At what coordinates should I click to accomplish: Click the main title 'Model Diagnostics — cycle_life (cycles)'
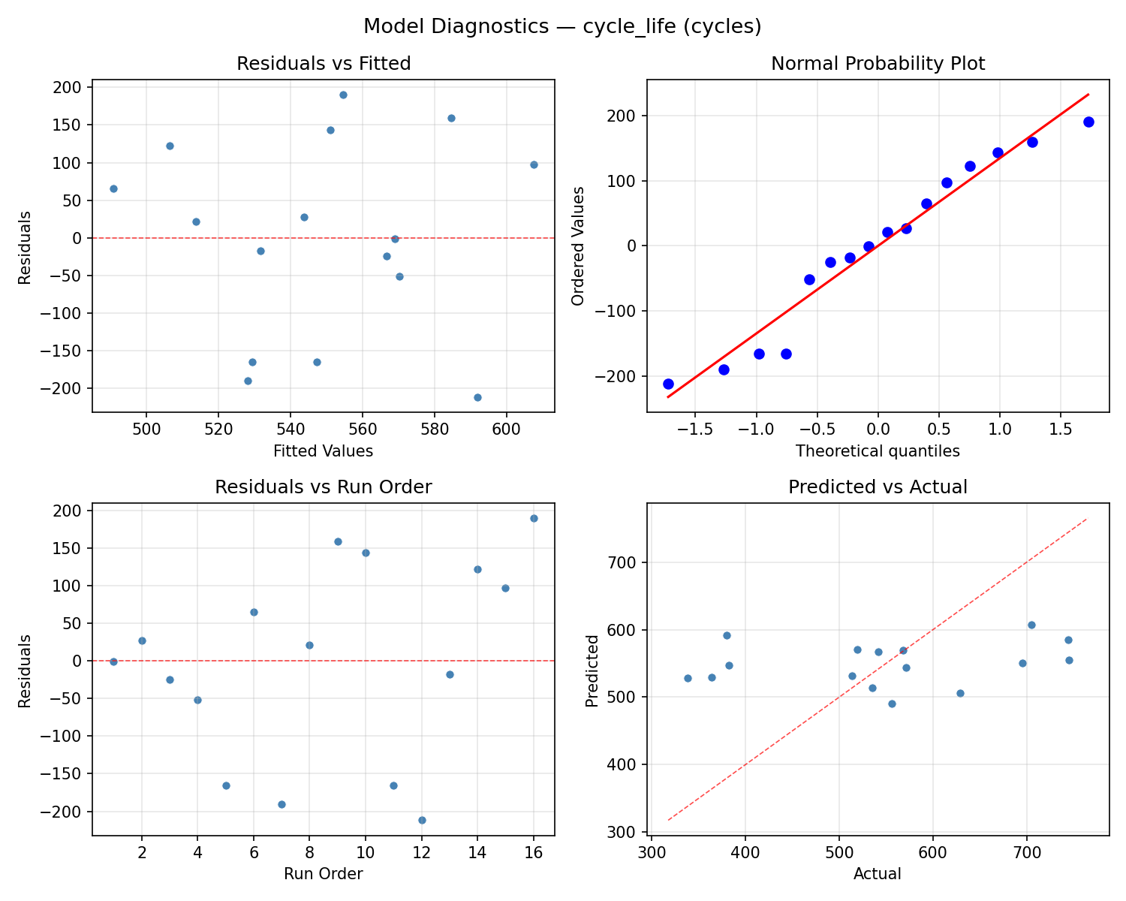[562, 27]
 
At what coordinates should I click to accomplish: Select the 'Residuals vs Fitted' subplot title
[324, 64]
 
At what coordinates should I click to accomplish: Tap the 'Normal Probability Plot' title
[878, 64]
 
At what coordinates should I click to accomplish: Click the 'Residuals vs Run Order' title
[324, 487]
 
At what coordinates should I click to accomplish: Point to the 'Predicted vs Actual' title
[878, 487]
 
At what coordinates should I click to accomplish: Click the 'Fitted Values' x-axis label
[324, 451]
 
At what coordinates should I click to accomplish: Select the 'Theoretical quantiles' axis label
[878, 451]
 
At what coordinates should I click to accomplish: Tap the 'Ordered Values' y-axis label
[577, 246]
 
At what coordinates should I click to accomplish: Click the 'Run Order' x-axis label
[324, 874]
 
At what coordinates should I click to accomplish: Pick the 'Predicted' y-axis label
[592, 670]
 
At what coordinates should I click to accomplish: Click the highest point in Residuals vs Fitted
[343, 95]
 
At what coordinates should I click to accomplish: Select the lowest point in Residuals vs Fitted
[477, 397]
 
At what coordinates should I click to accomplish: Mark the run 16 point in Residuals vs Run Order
[534, 518]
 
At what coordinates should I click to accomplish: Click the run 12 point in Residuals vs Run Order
[422, 820]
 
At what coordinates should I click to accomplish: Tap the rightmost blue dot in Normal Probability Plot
[1088, 122]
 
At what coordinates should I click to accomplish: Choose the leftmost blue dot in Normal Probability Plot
[668, 384]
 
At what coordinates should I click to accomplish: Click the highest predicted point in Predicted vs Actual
[1031, 625]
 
